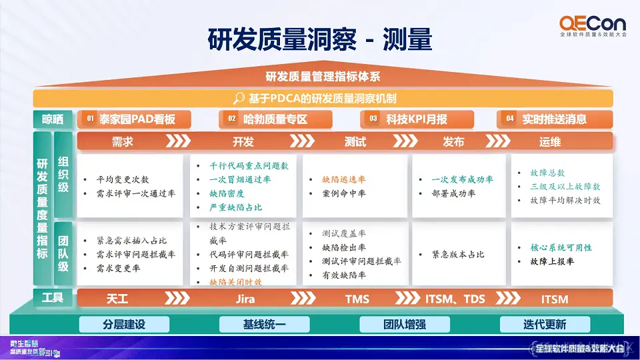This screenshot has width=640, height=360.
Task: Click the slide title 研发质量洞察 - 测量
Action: coord(320,39)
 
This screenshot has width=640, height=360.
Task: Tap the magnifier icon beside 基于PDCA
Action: coord(239,99)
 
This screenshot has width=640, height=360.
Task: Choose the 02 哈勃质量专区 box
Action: coord(276,119)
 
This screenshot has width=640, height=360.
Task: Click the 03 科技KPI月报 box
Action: coord(417,119)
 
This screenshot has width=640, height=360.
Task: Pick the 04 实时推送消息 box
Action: coord(554,119)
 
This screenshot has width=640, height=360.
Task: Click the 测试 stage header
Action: coord(355,141)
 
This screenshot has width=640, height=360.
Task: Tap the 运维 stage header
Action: coord(550,141)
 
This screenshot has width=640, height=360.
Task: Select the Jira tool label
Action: coord(245,299)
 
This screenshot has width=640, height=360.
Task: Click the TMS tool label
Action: coord(357,299)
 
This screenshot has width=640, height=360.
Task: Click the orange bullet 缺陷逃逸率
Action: coord(344,179)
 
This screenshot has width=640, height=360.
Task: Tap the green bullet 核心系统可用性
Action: coord(561,247)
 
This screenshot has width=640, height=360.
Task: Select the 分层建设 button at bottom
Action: coord(124,325)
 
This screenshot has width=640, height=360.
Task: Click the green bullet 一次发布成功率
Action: coord(462,179)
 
